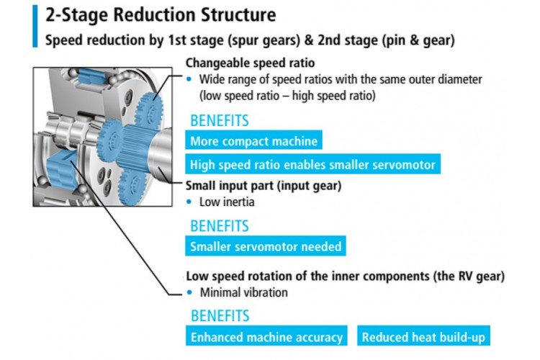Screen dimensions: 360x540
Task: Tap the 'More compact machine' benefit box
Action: [x=253, y=141]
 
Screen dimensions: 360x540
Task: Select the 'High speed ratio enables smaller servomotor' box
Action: [x=312, y=165]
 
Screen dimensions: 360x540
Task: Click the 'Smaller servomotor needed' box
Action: [x=266, y=247]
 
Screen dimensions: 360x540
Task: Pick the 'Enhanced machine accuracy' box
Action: [x=266, y=337]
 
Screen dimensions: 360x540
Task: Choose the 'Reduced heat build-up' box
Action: [x=424, y=337]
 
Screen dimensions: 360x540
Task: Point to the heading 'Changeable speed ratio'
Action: [x=250, y=63]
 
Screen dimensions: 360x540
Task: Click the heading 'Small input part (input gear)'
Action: [x=264, y=186]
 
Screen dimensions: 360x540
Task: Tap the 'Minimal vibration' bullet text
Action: [x=243, y=292]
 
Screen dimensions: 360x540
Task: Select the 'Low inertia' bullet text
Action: [x=227, y=202]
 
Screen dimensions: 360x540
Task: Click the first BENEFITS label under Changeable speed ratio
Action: [x=220, y=120]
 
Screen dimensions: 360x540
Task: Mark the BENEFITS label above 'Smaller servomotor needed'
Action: [x=220, y=226]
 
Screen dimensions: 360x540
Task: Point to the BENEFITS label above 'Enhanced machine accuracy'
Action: [x=220, y=315]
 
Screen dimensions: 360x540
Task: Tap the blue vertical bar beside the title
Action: [x=35, y=25]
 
